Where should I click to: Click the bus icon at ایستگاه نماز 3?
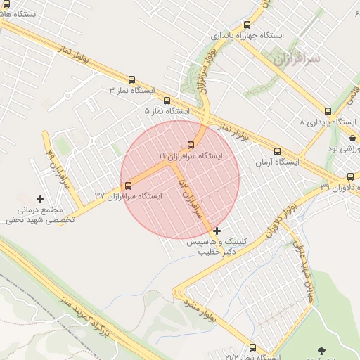[131, 79]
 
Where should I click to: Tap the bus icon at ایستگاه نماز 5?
[167, 101]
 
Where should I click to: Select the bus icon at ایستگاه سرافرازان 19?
[191, 145]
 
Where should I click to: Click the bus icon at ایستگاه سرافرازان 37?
[128, 186]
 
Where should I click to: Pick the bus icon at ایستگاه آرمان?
[277, 151]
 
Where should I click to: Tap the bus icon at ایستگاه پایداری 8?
[328, 111]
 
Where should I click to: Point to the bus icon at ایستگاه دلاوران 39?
[350, 176]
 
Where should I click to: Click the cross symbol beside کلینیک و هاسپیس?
[217, 231]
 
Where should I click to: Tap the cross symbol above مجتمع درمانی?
[40, 200]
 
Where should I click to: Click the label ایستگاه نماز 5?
[167, 111]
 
